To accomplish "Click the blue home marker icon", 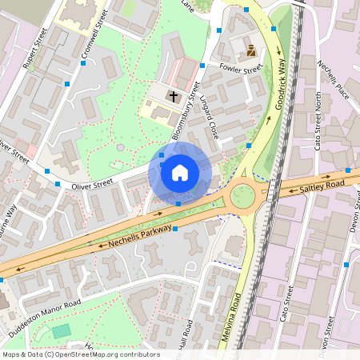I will click(x=180, y=172).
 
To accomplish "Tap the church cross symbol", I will click(x=173, y=95).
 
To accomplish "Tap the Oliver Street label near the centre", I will click(x=92, y=184).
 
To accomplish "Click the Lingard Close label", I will click(x=209, y=117).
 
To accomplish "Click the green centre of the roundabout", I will click(x=242, y=196).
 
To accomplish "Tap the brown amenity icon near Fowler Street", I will click(x=250, y=50).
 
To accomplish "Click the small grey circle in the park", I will click(x=120, y=147).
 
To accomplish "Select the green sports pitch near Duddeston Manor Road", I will click(x=61, y=331).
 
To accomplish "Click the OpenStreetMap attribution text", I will click(x=80, y=354).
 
